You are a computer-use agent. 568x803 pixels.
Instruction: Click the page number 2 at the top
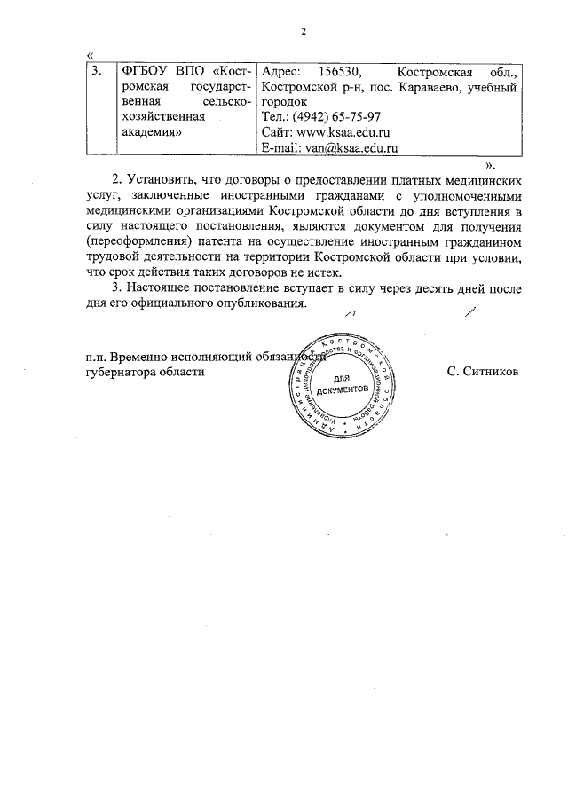pyautogui.click(x=304, y=32)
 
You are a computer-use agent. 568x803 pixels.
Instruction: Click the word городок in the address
pyautogui.click(x=284, y=102)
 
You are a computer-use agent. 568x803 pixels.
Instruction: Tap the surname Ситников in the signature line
pyautogui.click(x=484, y=373)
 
